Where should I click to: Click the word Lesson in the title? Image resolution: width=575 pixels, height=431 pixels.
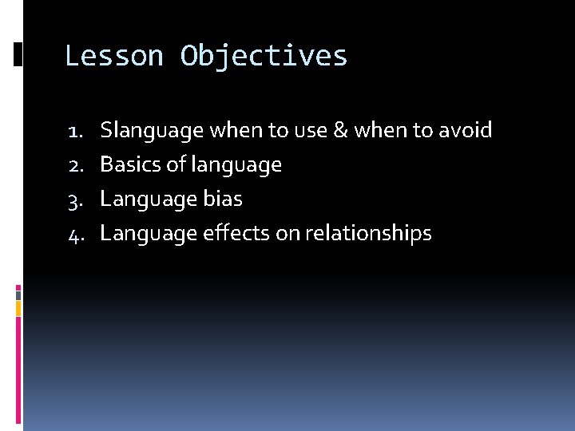(113, 57)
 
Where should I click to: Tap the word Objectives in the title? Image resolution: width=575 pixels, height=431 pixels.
(264, 57)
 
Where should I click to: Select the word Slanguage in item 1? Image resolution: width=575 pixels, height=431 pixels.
(152, 130)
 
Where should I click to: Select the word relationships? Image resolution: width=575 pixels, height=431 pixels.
(367, 234)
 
